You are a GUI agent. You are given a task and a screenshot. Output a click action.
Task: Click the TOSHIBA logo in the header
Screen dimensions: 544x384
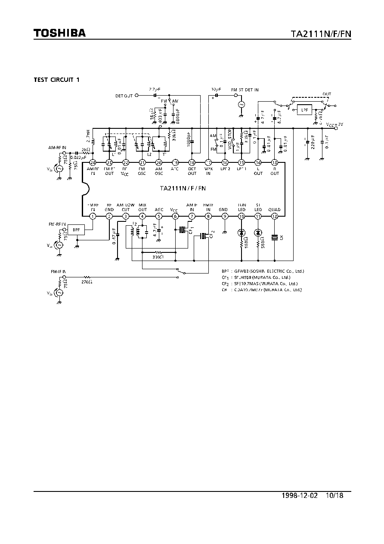point(60,33)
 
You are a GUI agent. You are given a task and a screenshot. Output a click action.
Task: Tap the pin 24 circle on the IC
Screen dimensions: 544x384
point(93,162)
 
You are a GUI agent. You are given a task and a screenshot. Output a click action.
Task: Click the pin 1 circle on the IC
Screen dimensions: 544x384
point(93,216)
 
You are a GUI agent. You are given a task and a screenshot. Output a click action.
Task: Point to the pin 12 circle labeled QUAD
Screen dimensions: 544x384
point(274,216)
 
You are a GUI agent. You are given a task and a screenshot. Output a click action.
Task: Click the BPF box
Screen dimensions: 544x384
point(76,230)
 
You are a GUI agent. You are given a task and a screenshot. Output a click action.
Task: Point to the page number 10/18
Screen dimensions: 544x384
point(335,496)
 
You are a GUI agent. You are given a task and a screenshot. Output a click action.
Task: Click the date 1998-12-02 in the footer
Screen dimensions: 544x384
point(300,496)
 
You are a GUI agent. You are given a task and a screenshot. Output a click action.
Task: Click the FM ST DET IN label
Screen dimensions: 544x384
point(245,90)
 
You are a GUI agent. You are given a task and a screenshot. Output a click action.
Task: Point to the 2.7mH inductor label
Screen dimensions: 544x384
point(87,135)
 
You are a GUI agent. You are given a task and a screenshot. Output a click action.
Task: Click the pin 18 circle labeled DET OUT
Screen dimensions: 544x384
point(192,162)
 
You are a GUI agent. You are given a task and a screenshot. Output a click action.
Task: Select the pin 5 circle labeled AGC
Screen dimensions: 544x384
point(159,216)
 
